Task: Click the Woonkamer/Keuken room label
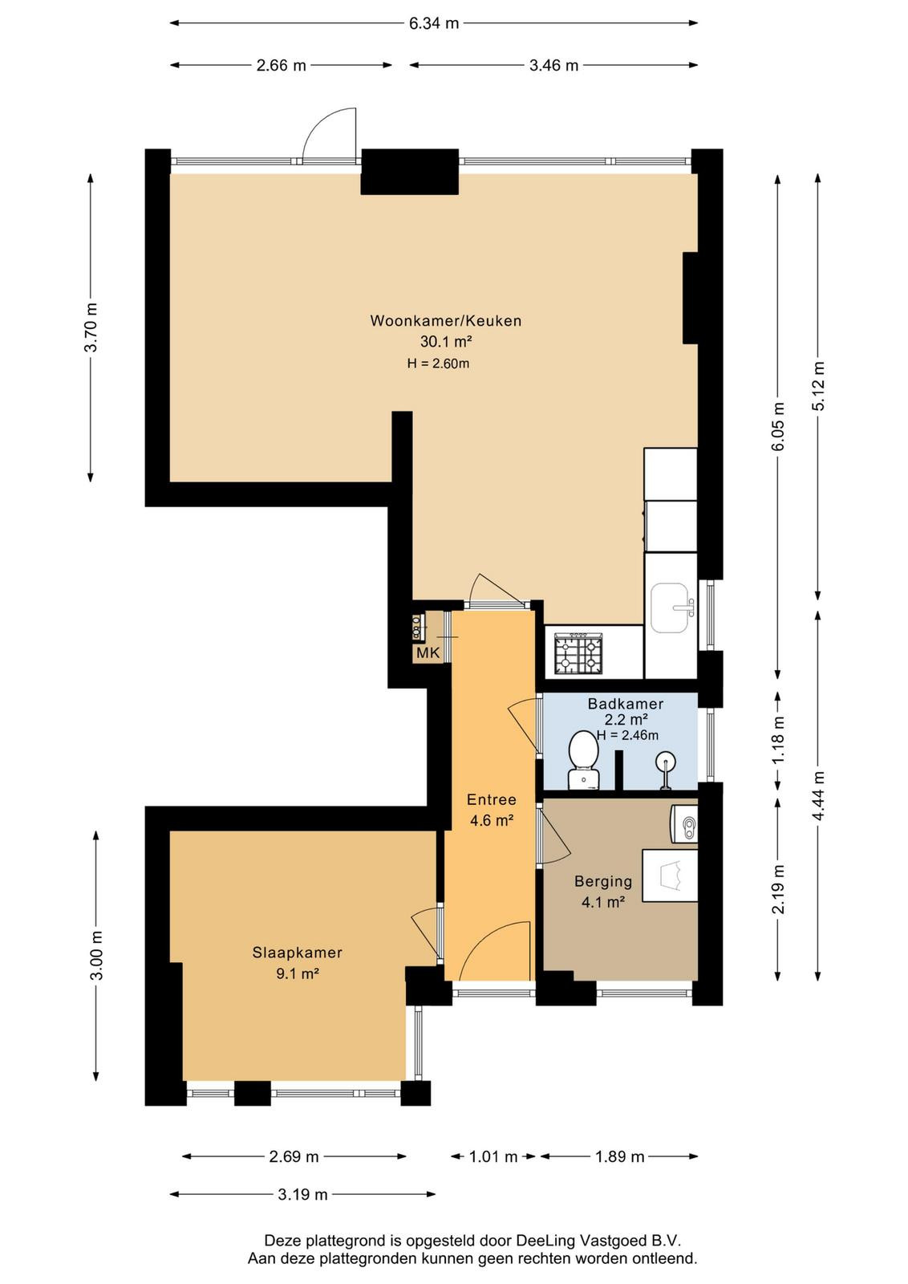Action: (446, 320)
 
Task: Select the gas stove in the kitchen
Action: (578, 652)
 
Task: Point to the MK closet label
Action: (428, 652)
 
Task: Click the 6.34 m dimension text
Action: (434, 23)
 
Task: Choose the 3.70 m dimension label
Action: (91, 327)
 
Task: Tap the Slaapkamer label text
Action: (298, 953)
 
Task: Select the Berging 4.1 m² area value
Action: (602, 902)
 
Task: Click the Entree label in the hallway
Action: (492, 799)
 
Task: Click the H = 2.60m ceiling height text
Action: (438, 364)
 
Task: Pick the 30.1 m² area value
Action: (446, 342)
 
